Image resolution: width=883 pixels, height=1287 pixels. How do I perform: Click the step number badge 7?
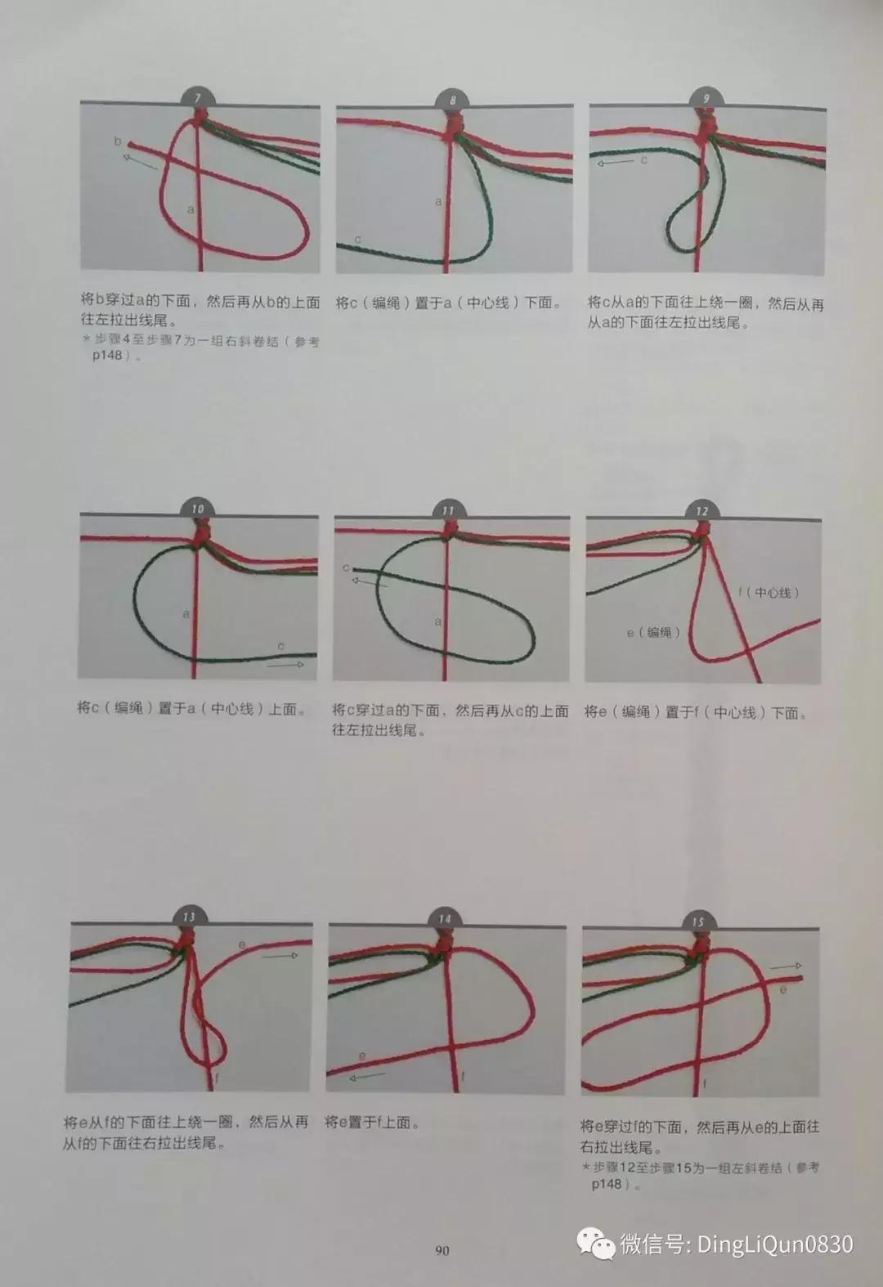click(197, 97)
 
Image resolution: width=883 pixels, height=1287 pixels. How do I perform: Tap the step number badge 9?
click(706, 98)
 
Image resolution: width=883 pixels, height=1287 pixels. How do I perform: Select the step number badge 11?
click(447, 510)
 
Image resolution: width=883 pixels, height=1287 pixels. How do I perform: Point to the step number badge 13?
click(189, 917)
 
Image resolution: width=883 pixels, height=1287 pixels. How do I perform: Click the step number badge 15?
click(697, 922)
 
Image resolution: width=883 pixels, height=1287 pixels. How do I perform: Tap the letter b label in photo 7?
click(118, 142)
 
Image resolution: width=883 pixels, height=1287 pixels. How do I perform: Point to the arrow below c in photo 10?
click(285, 665)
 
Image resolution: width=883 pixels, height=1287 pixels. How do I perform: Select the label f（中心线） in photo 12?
click(769, 592)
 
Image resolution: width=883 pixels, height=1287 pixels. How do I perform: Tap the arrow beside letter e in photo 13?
click(280, 954)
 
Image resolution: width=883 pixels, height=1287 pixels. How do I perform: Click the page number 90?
click(441, 1250)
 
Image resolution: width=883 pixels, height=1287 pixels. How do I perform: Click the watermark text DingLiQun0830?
click(774, 1244)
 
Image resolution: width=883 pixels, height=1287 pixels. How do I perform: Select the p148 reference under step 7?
click(106, 357)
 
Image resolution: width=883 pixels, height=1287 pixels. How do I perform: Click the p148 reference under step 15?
click(607, 1183)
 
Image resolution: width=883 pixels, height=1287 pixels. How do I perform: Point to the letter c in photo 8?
click(357, 240)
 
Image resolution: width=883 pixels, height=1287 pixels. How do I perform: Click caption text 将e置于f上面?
click(373, 1123)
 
